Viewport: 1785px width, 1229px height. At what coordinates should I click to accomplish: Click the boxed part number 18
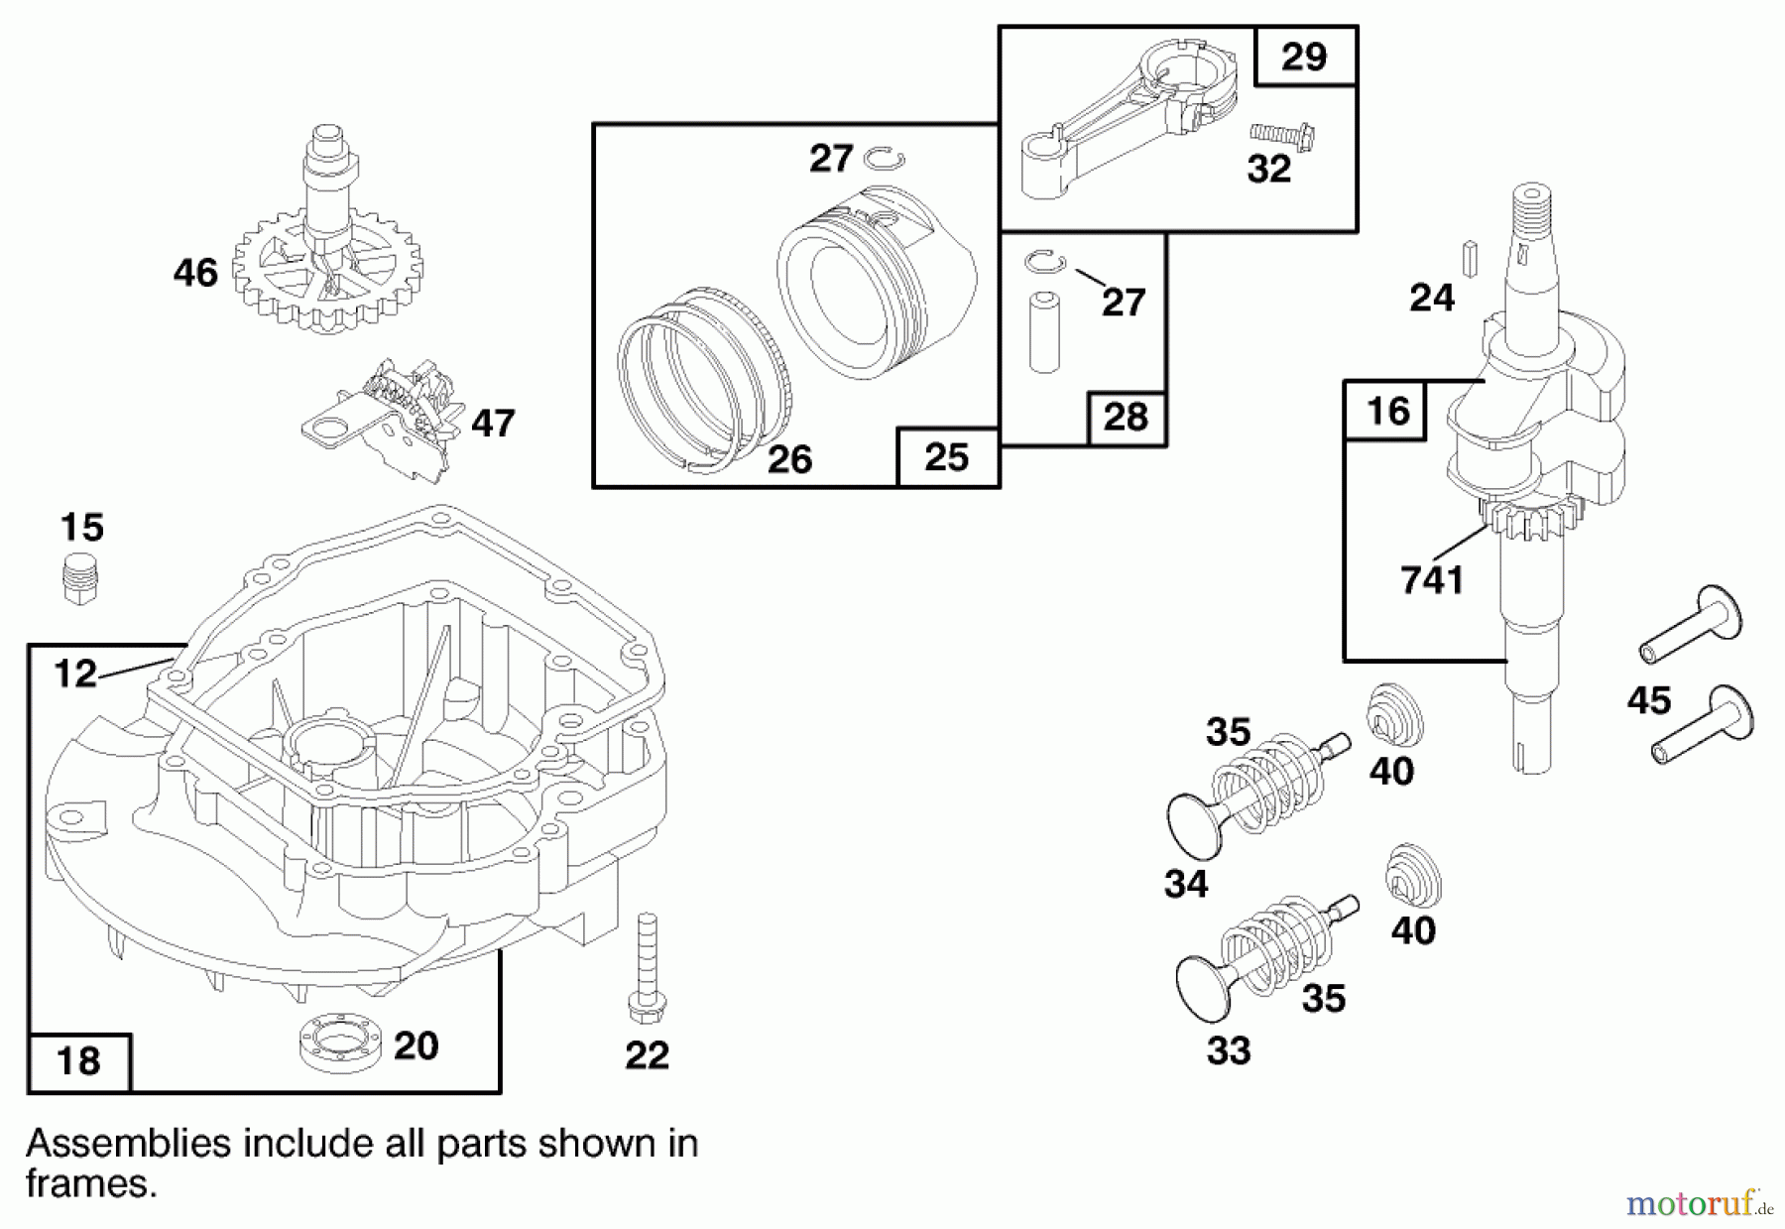pyautogui.click(x=79, y=1061)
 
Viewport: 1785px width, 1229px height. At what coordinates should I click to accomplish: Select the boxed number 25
pyautogui.click(x=947, y=457)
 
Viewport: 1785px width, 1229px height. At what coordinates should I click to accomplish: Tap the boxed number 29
pyautogui.click(x=1304, y=57)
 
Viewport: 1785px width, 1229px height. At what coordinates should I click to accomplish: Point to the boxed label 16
pyautogui.click(x=1386, y=411)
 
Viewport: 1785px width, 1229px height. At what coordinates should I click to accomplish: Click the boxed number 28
pyautogui.click(x=1126, y=418)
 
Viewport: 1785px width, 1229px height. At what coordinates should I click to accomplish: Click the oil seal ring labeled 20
pyautogui.click(x=340, y=1044)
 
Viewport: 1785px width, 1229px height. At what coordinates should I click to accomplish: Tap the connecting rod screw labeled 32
pyautogui.click(x=1282, y=136)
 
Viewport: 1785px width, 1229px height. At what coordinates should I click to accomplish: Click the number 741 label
pyautogui.click(x=1432, y=580)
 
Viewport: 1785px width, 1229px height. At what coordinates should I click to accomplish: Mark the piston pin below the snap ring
pyautogui.click(x=1044, y=331)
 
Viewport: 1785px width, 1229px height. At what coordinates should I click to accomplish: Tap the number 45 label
pyautogui.click(x=1649, y=701)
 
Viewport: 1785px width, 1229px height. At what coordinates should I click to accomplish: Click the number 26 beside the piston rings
pyautogui.click(x=789, y=459)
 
